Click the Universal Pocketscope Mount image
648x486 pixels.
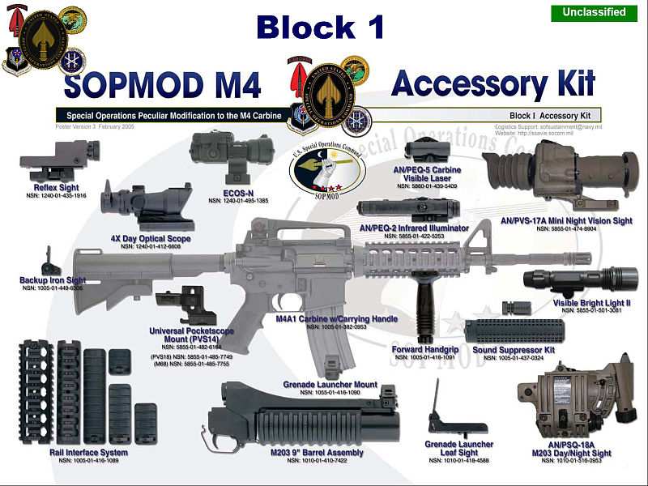[192, 303]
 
